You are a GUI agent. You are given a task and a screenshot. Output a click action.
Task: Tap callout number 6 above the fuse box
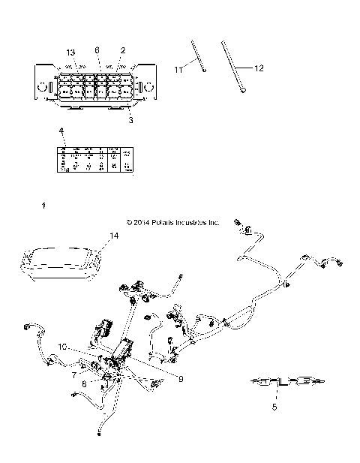[97, 50]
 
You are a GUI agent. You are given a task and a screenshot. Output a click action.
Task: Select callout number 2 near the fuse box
[122, 50]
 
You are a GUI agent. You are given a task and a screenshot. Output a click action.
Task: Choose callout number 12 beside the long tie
[259, 68]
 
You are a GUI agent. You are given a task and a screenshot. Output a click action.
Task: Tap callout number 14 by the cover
[114, 236]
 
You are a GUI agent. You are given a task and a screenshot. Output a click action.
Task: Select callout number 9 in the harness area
[180, 379]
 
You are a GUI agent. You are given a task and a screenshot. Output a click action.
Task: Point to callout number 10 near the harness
[63, 346]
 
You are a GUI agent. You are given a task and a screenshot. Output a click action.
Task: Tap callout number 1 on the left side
[44, 204]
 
